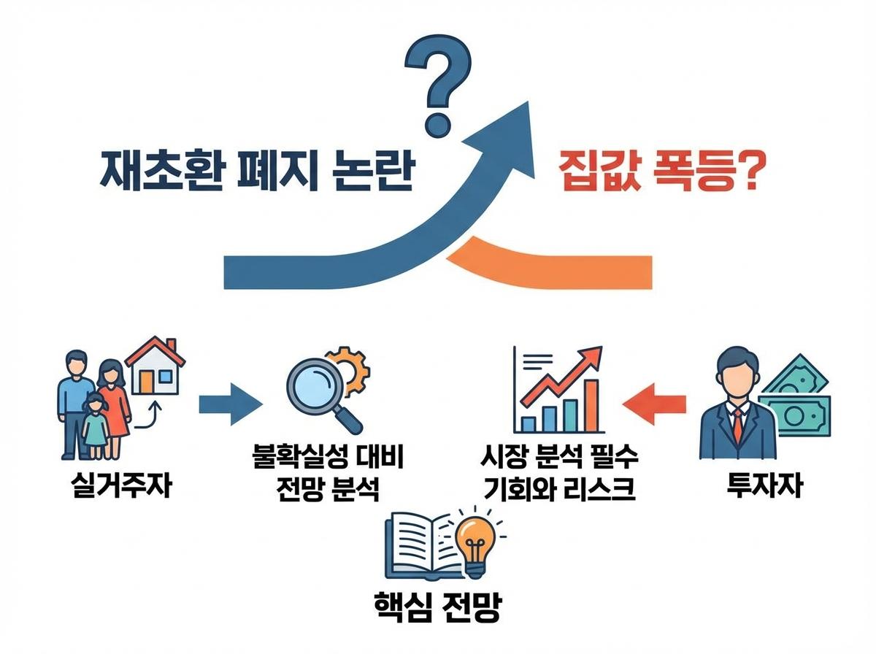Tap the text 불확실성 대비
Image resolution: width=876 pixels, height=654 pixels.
pos(326,460)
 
